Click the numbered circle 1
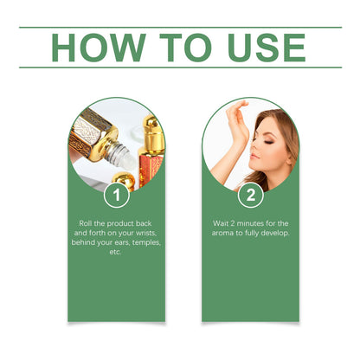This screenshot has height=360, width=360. pos(117,195)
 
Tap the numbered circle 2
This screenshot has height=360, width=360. pos(251,195)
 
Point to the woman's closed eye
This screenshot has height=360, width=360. pos(270,142)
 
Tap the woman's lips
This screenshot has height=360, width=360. pos(254,157)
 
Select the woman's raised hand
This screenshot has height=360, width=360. pos(238,119)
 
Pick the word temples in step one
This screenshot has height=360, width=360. pos(147,242)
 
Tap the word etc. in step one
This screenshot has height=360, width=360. pos(115,252)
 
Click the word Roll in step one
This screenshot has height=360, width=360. pos(86,223)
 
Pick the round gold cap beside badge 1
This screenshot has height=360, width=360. pos(124,181)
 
